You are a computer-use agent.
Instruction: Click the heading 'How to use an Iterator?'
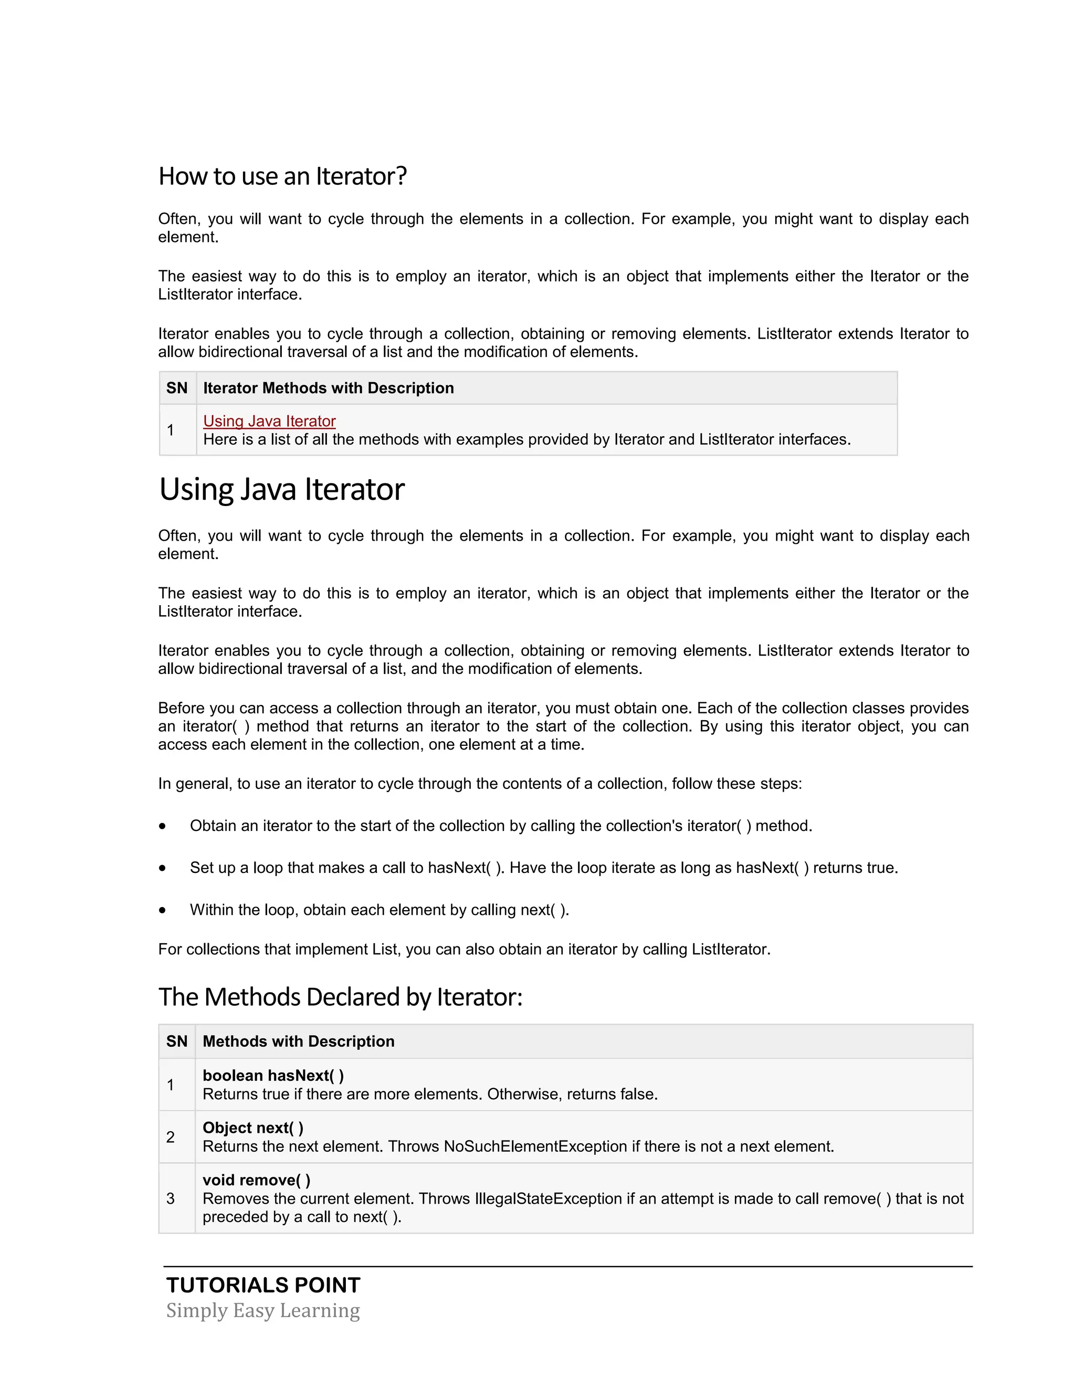(x=282, y=176)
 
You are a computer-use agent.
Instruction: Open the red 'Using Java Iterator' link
(x=269, y=421)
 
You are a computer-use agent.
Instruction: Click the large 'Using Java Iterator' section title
(x=281, y=490)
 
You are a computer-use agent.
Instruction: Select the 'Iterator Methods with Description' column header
(x=328, y=388)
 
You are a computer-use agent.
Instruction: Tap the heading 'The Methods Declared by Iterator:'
(x=340, y=997)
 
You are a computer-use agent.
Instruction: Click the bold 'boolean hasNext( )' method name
(x=273, y=1075)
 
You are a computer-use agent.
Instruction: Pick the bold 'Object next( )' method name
(x=253, y=1127)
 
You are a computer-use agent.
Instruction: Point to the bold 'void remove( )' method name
(x=256, y=1179)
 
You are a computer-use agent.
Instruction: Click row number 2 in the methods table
(x=171, y=1137)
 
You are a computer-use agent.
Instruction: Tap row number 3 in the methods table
(x=171, y=1199)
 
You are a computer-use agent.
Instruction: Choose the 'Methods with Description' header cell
(x=298, y=1041)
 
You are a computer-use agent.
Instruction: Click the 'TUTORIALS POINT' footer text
(x=263, y=1285)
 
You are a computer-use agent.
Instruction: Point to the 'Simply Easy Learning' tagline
(x=263, y=1311)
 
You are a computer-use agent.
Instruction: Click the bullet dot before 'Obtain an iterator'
(x=163, y=826)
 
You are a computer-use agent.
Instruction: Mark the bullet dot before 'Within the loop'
(x=163, y=910)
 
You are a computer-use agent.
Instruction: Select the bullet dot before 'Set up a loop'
(x=163, y=868)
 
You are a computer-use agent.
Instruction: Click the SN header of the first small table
(x=177, y=388)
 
